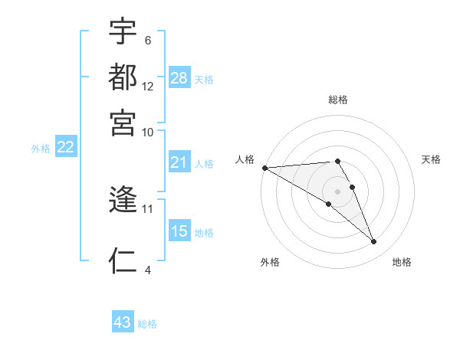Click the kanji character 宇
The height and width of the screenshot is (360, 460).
click(123, 32)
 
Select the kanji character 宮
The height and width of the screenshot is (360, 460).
click(123, 121)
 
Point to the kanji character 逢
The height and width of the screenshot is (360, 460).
click(123, 201)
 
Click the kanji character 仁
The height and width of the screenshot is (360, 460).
click(123, 260)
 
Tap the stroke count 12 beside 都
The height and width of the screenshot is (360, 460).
click(148, 87)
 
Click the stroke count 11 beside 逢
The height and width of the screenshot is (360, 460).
click(148, 208)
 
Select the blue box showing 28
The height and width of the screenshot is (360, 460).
click(179, 78)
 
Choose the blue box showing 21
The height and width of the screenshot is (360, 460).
click(179, 162)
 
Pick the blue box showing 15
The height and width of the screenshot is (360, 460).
click(179, 231)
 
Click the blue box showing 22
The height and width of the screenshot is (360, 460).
click(65, 147)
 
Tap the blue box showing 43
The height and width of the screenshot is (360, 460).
click(123, 322)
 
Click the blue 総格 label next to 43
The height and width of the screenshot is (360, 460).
click(147, 324)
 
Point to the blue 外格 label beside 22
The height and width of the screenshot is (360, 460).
click(41, 149)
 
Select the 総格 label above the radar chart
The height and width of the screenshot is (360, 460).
click(338, 100)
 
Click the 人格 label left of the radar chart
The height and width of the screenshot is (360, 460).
click(245, 159)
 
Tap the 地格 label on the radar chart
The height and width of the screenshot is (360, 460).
click(402, 262)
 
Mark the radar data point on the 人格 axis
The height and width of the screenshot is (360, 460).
click(264, 168)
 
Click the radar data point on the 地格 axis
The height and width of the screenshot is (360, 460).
click(374, 242)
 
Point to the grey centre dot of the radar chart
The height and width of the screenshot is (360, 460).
click(338, 191)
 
